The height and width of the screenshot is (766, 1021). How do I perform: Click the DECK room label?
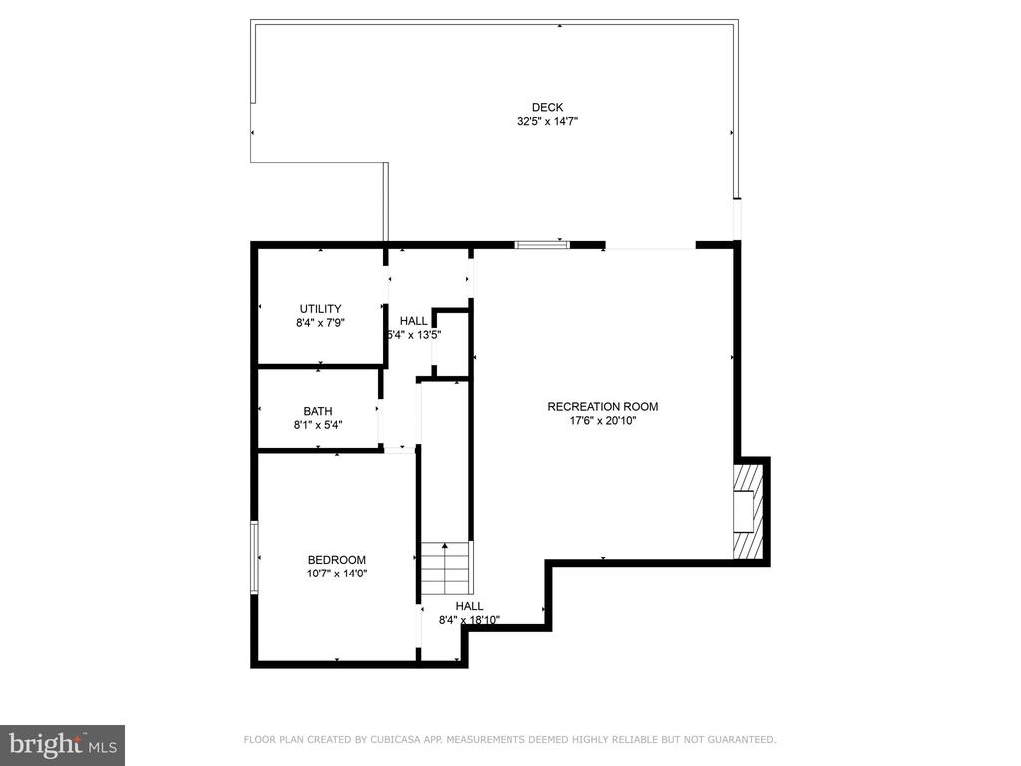coord(547,107)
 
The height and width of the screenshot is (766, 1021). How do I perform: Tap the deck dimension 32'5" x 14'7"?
coord(547,121)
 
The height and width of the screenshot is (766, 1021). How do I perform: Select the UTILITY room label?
coord(320,309)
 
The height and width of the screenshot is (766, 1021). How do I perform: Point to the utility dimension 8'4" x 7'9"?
coord(320,323)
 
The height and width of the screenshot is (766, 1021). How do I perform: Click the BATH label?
coord(318,411)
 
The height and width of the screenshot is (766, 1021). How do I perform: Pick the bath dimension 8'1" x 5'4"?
coord(318,425)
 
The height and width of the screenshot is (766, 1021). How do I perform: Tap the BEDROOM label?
coord(337,560)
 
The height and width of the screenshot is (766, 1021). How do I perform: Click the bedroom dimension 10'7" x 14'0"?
coord(337,574)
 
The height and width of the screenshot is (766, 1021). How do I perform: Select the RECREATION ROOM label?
coord(603,407)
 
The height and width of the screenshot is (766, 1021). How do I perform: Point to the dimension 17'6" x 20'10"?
coord(603,421)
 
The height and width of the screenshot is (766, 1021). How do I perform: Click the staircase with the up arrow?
coord(445,567)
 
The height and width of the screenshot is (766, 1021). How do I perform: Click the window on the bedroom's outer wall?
coord(255,558)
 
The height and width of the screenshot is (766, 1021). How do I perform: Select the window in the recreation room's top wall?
coord(542,245)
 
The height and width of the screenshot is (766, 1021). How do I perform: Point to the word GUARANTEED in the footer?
coord(742,739)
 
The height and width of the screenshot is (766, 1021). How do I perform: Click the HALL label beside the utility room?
coord(414,321)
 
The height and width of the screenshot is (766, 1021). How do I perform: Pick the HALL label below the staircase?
coord(469,606)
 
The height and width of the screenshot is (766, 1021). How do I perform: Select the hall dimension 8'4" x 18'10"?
coord(469,620)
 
